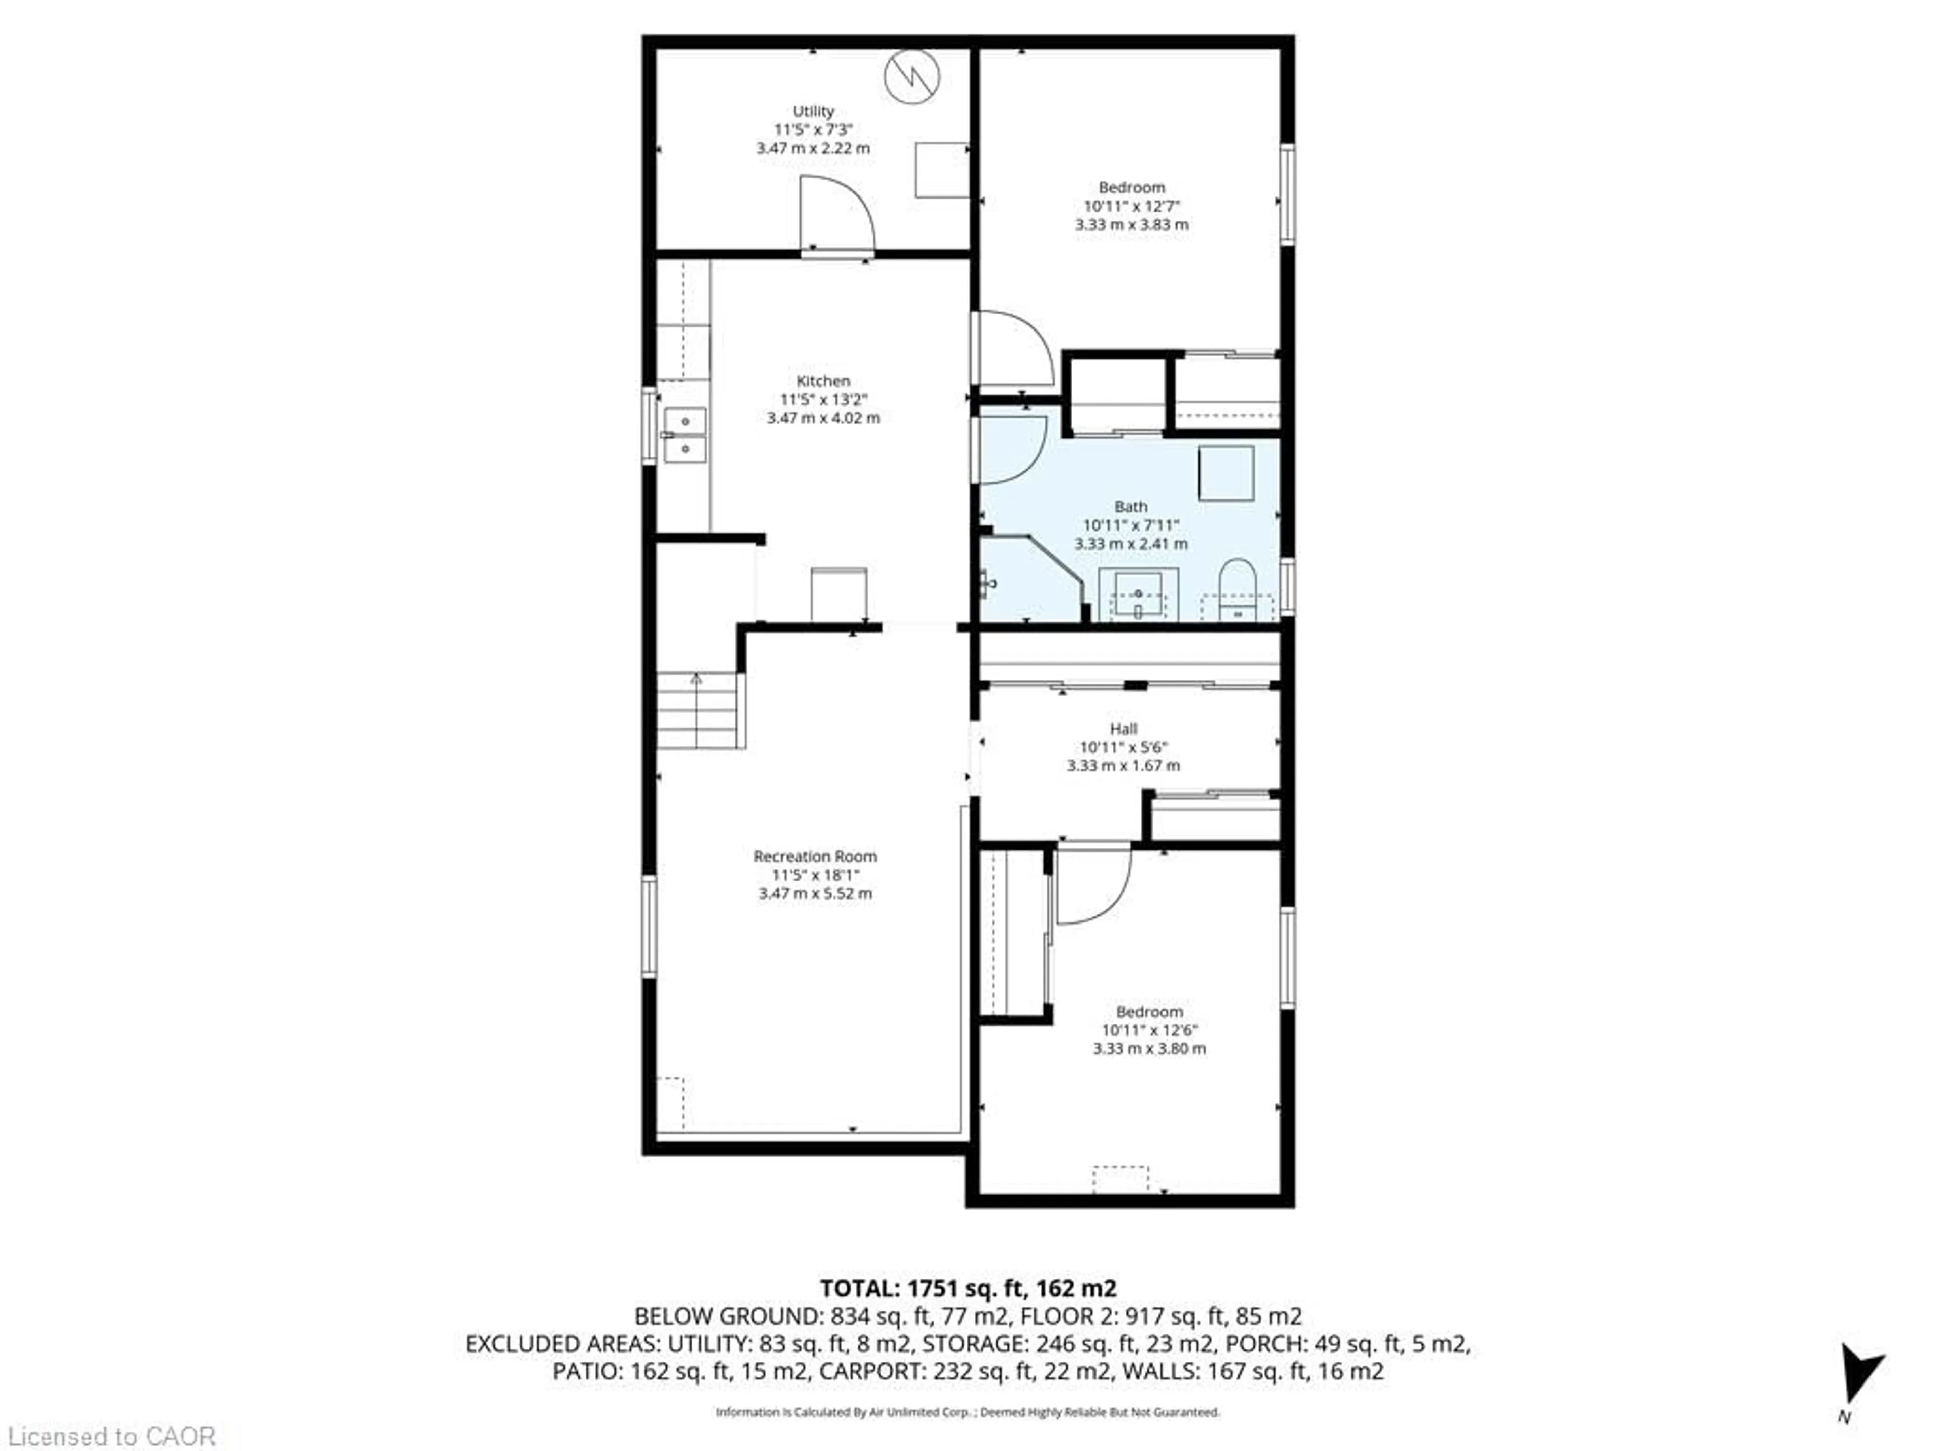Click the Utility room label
pyautogui.click(x=813, y=111)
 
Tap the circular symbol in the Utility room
pyautogui.click(x=912, y=77)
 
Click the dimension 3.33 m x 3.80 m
pyautogui.click(x=1148, y=1048)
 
